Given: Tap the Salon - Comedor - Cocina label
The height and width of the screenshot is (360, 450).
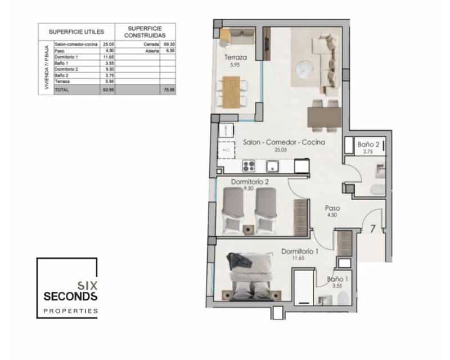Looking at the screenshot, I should (283, 143).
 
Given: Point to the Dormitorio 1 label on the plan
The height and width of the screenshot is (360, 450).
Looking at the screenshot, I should (299, 251).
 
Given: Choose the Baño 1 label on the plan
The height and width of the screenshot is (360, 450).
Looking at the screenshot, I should (339, 278).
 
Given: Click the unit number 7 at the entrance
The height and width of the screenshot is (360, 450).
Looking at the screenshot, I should (373, 228).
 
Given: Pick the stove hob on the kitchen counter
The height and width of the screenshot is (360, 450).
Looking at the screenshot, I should (248, 166).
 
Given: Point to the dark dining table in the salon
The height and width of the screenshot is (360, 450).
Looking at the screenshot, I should (323, 116).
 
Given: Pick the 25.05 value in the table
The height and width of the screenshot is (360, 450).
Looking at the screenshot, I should (108, 43).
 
